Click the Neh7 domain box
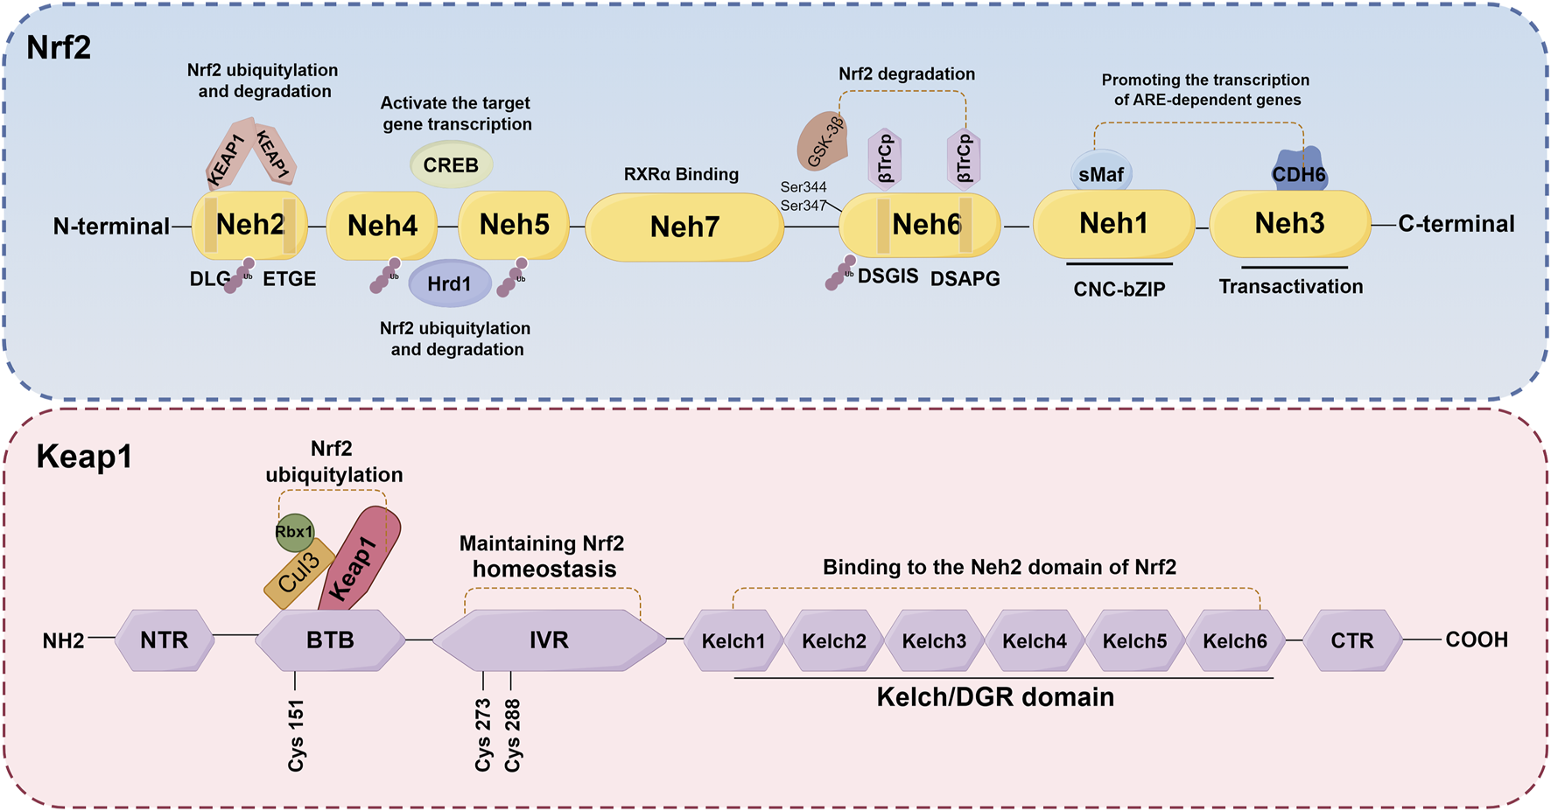(x=684, y=227)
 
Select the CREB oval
(x=451, y=164)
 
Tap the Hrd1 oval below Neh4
(x=449, y=283)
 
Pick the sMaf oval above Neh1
(x=1101, y=174)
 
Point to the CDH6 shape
(x=1299, y=173)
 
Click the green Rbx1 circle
(x=294, y=532)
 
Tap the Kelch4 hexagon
(x=1035, y=641)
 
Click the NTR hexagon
(x=165, y=640)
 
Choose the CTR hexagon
(x=1352, y=641)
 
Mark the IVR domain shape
(x=549, y=640)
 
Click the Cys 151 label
(x=297, y=735)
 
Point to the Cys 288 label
(x=513, y=735)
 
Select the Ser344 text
(x=804, y=187)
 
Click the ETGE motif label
(x=289, y=279)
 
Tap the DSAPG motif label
(x=965, y=279)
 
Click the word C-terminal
(x=1456, y=224)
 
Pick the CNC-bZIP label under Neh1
(x=1119, y=290)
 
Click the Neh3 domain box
(x=1289, y=224)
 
